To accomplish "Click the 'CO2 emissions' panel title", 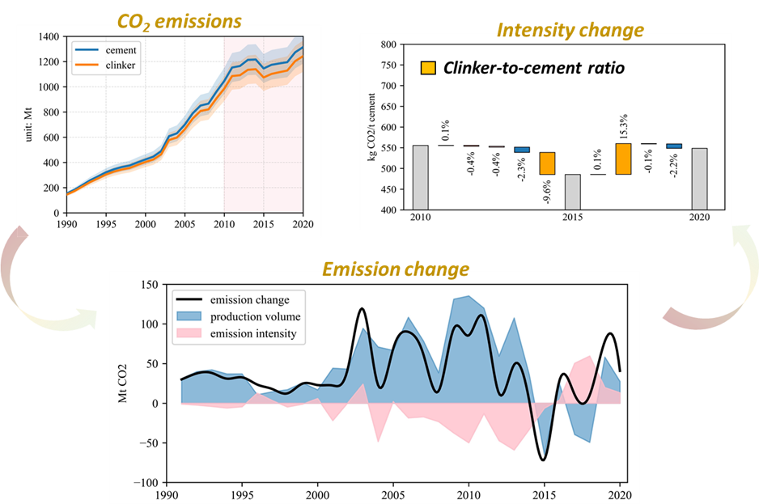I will pos(179,19).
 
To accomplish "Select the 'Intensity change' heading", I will pos(570,31).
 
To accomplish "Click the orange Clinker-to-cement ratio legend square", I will pos(428,68).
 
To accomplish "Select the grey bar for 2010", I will pos(420,177).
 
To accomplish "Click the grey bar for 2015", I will pos(572,192).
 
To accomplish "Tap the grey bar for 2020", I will pos(698,179).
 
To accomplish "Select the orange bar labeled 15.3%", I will pos(623,159).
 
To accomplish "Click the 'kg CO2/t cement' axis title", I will pos(371,126).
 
